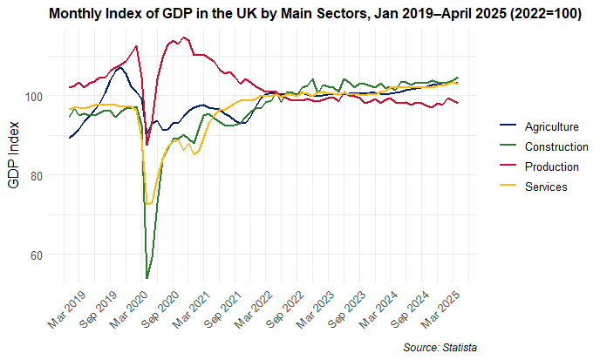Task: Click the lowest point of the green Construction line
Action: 147,278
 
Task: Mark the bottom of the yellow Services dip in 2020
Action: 148,204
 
